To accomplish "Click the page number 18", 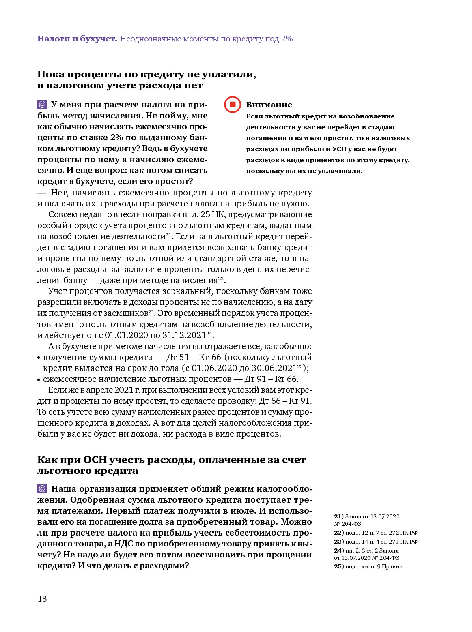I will pyautogui.click(x=42, y=599).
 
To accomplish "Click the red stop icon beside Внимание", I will pyautogui.click(x=233, y=105).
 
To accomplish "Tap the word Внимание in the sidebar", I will pyautogui.click(x=269, y=105).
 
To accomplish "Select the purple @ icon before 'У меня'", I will pyautogui.click(x=42, y=105).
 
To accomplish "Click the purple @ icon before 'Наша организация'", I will pyautogui.click(x=42, y=489).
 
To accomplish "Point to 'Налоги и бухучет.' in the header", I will pyautogui.click(x=77, y=39).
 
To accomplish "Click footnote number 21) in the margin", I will pyautogui.click(x=339, y=516).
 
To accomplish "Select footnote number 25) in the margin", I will pyautogui.click(x=339, y=566).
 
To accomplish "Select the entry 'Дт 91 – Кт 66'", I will pyautogui.click(x=271, y=379).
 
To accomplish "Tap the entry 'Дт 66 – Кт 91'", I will pyautogui.click(x=285, y=401).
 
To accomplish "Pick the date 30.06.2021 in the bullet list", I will pyautogui.click(x=274, y=368).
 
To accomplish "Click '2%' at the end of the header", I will pyautogui.click(x=287, y=39).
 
